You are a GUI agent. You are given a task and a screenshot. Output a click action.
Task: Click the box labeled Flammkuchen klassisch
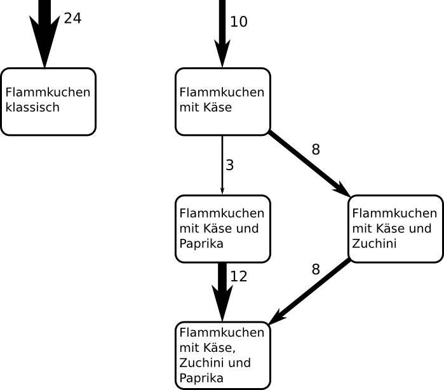48,101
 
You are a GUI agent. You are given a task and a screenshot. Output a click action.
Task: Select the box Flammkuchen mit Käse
222,101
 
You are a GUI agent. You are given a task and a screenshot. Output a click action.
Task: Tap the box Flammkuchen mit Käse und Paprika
222,229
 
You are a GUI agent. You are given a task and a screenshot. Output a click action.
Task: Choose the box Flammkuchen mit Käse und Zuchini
395,229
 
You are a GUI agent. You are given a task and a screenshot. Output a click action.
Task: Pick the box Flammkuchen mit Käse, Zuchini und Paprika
222,355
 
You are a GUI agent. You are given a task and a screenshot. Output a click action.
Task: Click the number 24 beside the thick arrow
72,18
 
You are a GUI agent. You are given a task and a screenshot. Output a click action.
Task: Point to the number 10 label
239,22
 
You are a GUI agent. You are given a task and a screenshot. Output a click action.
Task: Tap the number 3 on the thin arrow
230,165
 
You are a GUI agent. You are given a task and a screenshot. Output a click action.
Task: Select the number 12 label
239,276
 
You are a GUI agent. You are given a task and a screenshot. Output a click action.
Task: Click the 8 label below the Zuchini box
316,269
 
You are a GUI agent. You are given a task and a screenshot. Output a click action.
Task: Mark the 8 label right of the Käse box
316,151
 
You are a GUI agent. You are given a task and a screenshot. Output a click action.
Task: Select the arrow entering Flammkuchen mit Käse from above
222,32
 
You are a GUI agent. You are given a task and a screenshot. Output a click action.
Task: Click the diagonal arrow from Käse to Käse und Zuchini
308,164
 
